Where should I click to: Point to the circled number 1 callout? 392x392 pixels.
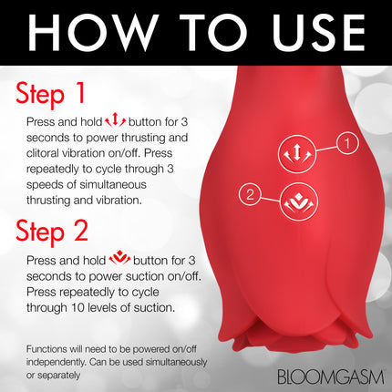(346, 142)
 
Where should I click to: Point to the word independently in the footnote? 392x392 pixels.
(52, 361)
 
